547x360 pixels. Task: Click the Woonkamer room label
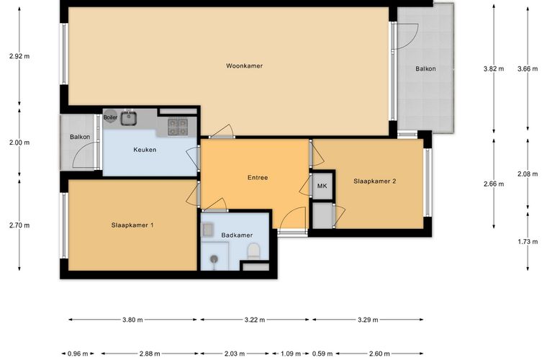244,66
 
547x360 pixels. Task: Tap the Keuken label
145,150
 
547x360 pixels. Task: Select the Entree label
258,178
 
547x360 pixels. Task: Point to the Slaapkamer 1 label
132,225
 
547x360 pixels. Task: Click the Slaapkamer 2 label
375,181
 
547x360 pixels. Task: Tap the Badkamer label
237,235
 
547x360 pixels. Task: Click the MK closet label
322,186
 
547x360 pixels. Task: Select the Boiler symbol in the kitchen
110,117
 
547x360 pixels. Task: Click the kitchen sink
129,117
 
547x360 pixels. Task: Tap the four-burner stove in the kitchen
178,127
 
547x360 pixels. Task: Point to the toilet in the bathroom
253,251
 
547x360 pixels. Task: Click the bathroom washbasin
207,230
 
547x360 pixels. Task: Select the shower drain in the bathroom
214,258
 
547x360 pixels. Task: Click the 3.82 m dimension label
494,68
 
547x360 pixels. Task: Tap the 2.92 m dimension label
19,56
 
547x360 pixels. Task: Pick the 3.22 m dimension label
255,320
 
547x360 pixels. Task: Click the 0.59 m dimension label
322,354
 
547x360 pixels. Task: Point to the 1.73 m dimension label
528,241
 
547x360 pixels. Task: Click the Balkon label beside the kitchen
80,137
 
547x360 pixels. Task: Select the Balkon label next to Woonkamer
425,68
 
